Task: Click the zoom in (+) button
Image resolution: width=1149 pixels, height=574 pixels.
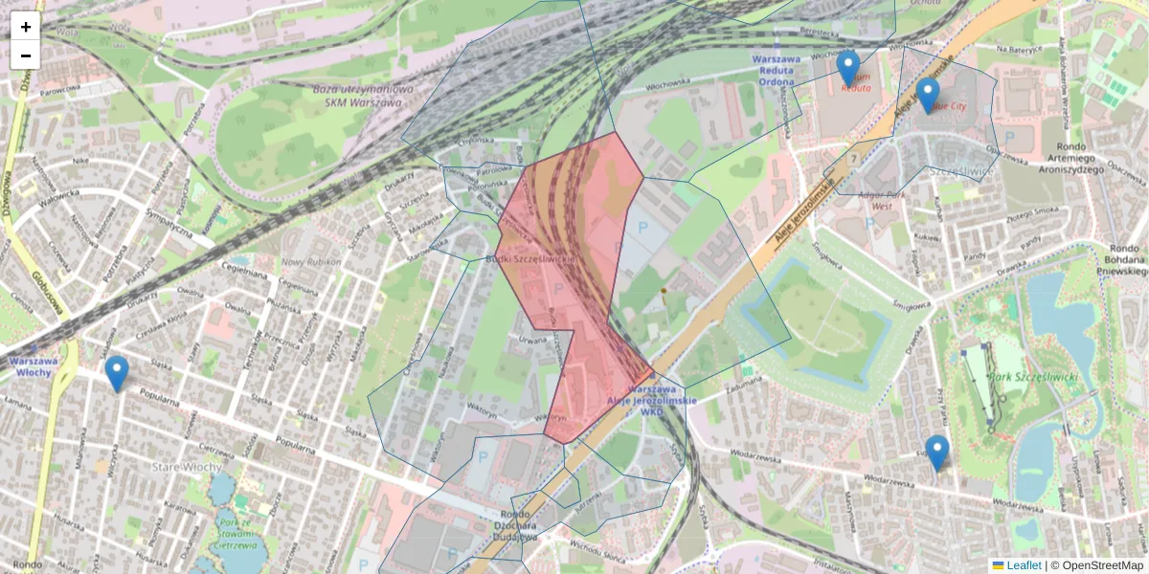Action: pyautogui.click(x=26, y=27)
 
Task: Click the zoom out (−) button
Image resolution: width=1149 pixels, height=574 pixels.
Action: pyautogui.click(x=26, y=55)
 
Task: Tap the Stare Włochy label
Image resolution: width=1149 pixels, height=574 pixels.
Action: pyautogui.click(x=188, y=467)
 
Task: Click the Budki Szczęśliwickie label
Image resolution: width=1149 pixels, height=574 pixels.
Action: pyautogui.click(x=529, y=259)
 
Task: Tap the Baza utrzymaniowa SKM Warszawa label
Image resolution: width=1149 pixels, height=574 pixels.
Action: pyautogui.click(x=363, y=96)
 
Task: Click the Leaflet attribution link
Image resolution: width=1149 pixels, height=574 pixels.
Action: pyautogui.click(x=1024, y=565)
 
